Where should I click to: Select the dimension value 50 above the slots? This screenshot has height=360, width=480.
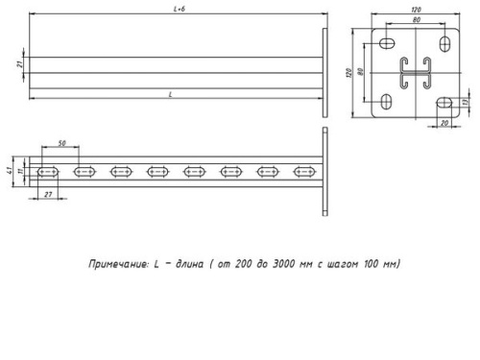62,143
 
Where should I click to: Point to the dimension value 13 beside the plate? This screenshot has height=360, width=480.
465,101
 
